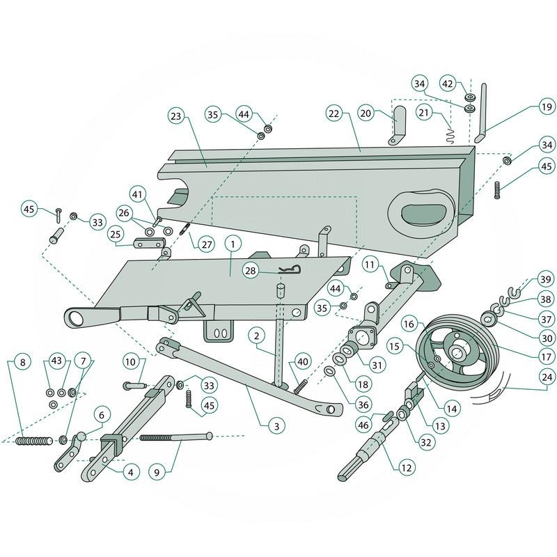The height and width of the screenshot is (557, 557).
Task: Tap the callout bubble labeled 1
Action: [232, 244]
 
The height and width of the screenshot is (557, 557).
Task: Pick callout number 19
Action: [546, 107]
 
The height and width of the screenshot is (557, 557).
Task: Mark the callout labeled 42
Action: [449, 84]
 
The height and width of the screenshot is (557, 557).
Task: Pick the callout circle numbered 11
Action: [368, 265]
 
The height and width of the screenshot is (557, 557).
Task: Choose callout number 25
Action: [116, 233]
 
